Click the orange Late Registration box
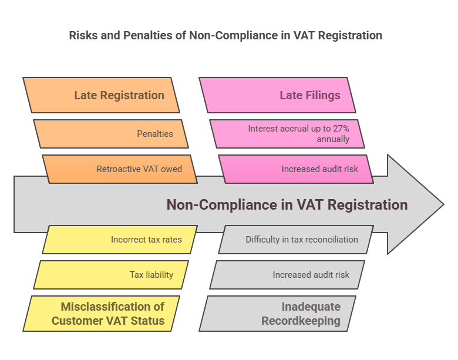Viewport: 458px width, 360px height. click(101, 95)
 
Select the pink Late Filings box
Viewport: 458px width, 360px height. click(277, 95)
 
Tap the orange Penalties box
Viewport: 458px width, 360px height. click(111, 133)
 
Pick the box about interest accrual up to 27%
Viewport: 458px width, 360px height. click(287, 133)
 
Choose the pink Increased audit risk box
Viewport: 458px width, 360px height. click(296, 169)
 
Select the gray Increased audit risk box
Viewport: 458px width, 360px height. click(287, 275)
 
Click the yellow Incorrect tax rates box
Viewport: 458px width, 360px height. click(120, 240)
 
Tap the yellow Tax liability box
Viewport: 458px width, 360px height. click(111, 275)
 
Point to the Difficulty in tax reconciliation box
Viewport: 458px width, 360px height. click(296, 240)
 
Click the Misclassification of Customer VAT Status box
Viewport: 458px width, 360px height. click(101, 314)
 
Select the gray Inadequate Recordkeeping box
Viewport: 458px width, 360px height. click(277, 314)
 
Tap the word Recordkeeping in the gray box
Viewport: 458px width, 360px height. click(301, 321)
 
